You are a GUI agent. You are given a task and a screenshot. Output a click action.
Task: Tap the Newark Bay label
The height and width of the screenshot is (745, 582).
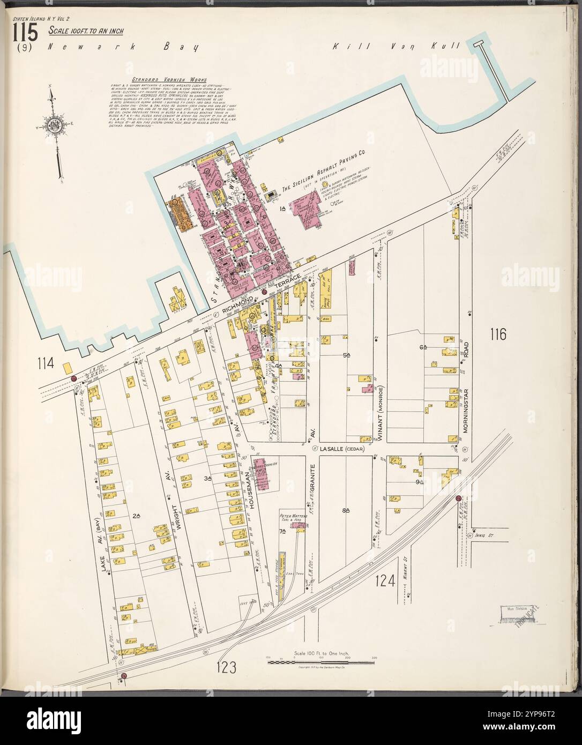click(x=123, y=47)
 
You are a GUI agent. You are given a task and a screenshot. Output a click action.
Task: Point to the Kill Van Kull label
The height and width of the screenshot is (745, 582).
click(x=396, y=47)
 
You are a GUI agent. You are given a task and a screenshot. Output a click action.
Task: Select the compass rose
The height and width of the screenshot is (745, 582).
click(x=52, y=127)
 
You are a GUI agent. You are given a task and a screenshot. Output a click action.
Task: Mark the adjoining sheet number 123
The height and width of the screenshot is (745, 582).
click(x=227, y=667)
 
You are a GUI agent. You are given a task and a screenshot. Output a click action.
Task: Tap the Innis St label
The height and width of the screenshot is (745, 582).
click(x=483, y=534)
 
